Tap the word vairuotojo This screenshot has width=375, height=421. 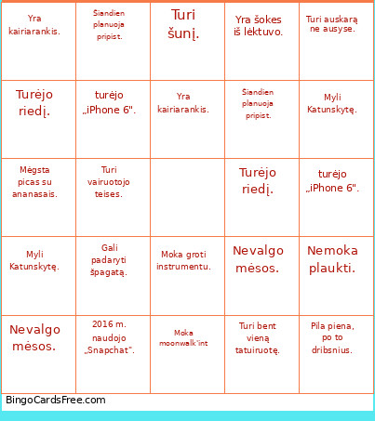pos(109,182)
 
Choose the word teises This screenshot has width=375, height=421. pos(109,194)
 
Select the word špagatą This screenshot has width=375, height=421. pos(109,272)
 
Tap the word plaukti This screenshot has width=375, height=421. pos(332,268)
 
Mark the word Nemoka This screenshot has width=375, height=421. pos(332,250)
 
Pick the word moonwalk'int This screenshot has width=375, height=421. pos(183,343)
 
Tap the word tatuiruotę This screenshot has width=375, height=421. pos(258,350)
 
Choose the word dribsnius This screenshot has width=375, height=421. pos(332,350)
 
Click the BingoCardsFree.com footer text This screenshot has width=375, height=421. pos(56,401)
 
